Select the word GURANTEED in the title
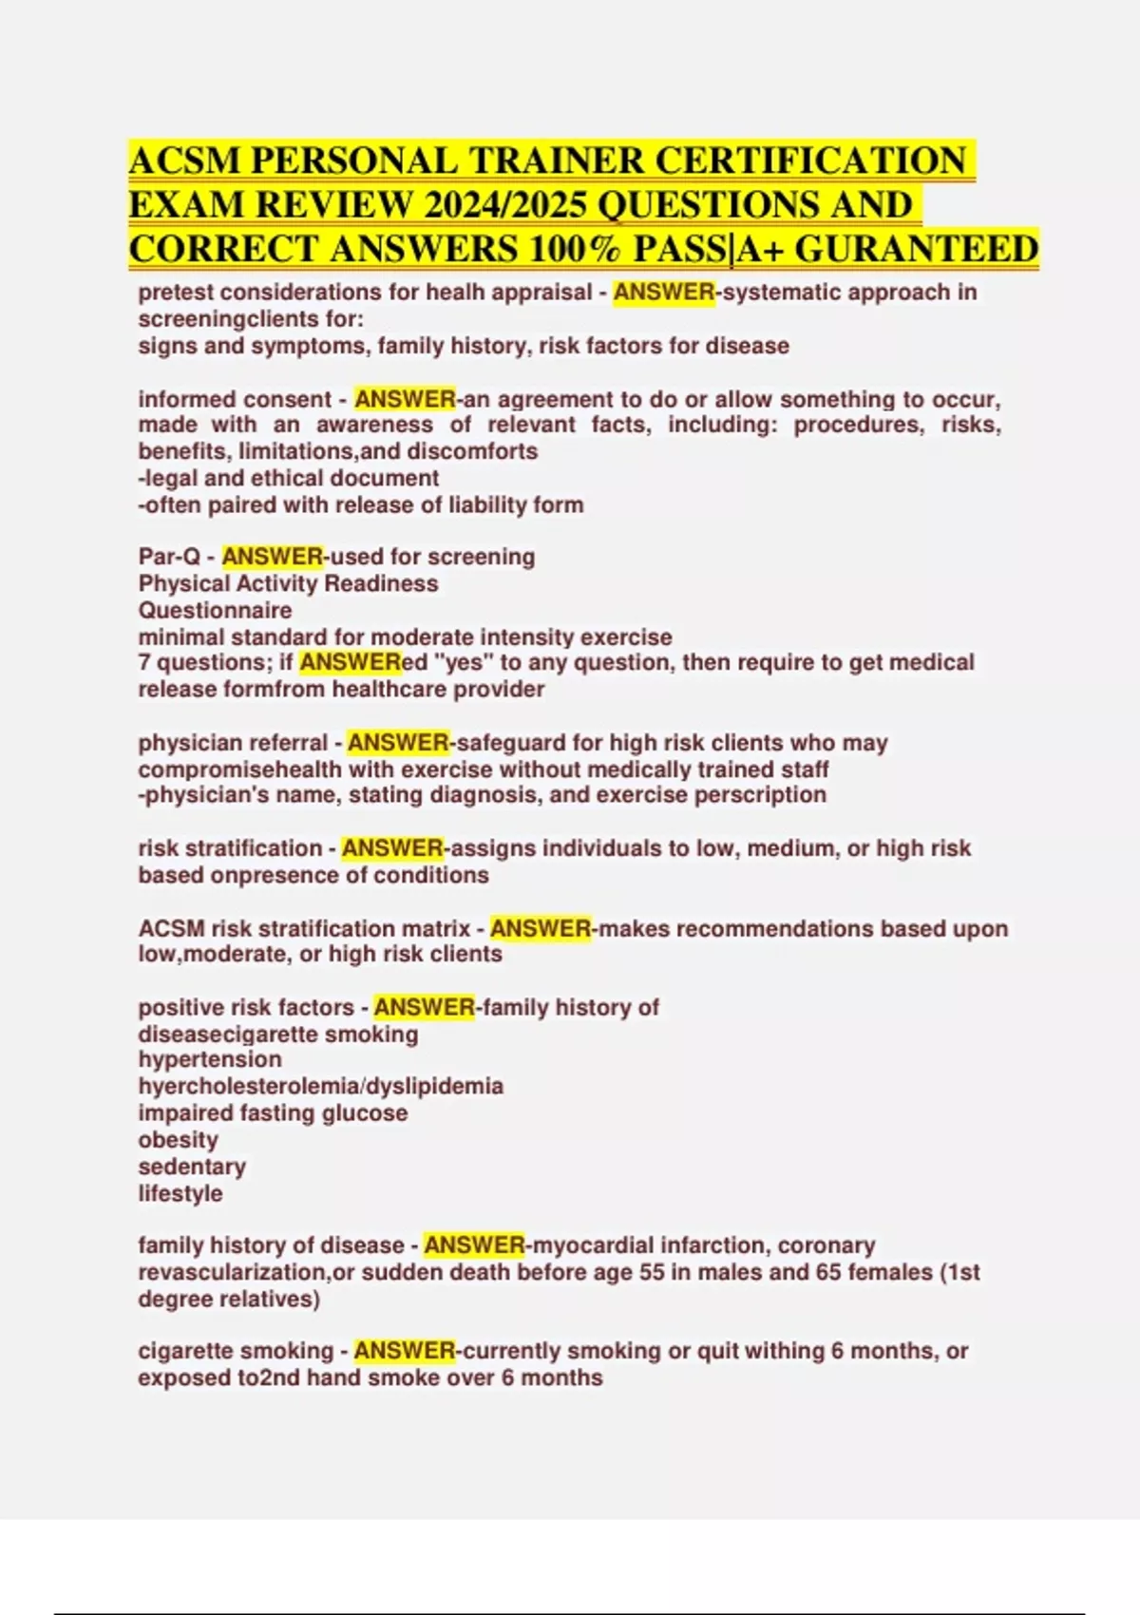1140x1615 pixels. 916,249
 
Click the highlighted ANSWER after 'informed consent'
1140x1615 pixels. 405,399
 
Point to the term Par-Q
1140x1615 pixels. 169,557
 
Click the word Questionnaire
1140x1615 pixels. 215,610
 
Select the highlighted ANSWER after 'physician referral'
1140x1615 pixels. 398,742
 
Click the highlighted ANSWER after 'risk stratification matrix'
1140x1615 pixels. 541,928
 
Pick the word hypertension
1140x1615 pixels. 210,1059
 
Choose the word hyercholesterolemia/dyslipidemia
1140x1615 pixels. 321,1086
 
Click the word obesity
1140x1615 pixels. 178,1139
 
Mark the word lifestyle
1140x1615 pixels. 180,1193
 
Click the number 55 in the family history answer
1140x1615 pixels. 652,1271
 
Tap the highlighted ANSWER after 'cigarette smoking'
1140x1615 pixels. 405,1350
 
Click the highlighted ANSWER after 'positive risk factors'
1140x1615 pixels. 424,1007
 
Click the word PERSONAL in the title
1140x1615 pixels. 354,161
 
